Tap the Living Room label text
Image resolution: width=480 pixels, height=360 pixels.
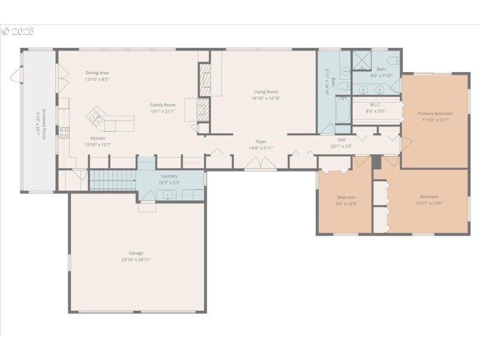266,92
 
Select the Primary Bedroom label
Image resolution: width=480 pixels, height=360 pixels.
435,113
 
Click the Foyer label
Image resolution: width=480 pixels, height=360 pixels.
260,142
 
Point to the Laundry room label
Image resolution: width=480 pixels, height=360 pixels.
169,176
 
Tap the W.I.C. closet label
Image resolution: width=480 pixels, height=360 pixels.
376,104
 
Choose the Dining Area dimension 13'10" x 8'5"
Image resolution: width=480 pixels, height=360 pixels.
97,79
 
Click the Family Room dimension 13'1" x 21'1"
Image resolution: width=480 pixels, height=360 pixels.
163,111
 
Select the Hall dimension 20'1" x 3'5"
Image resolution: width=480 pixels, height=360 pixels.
341,146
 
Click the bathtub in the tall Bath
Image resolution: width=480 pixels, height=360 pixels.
343,110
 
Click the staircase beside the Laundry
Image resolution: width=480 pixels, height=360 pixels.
112,179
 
